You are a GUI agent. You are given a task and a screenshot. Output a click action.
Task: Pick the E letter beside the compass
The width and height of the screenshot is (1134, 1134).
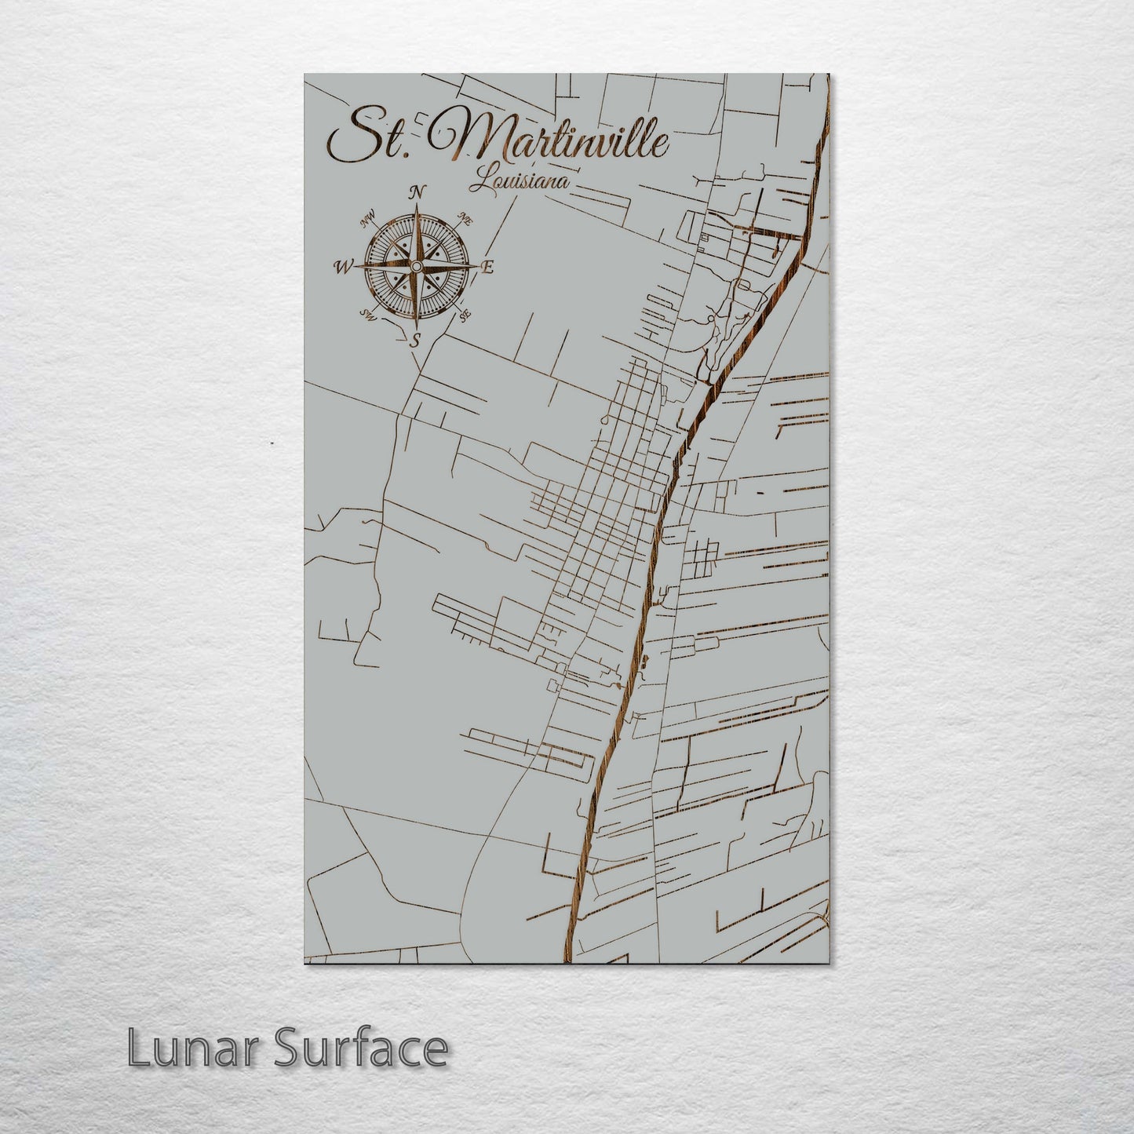tap(488, 268)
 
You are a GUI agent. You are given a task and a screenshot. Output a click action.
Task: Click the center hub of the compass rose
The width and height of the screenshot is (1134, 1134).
tap(417, 268)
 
